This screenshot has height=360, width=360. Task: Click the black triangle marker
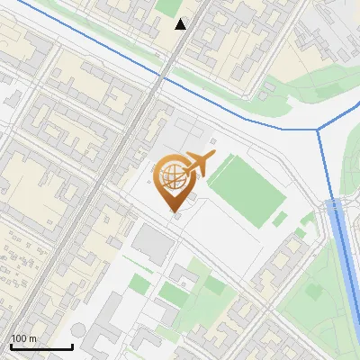(x=181, y=24)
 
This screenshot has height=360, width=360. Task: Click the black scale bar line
(x=41, y=346)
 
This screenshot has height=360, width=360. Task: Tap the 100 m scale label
(x=23, y=338)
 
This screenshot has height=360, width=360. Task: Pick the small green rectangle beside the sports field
(x=280, y=219)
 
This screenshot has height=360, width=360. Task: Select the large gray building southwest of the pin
(x=153, y=243)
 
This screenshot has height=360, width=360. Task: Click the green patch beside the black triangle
(x=167, y=7)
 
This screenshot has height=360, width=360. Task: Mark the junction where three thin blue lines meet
(x=318, y=130)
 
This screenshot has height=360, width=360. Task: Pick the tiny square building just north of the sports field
(x=212, y=140)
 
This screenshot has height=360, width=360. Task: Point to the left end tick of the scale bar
(x=11, y=345)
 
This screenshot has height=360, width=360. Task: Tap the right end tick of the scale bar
(x=72, y=345)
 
